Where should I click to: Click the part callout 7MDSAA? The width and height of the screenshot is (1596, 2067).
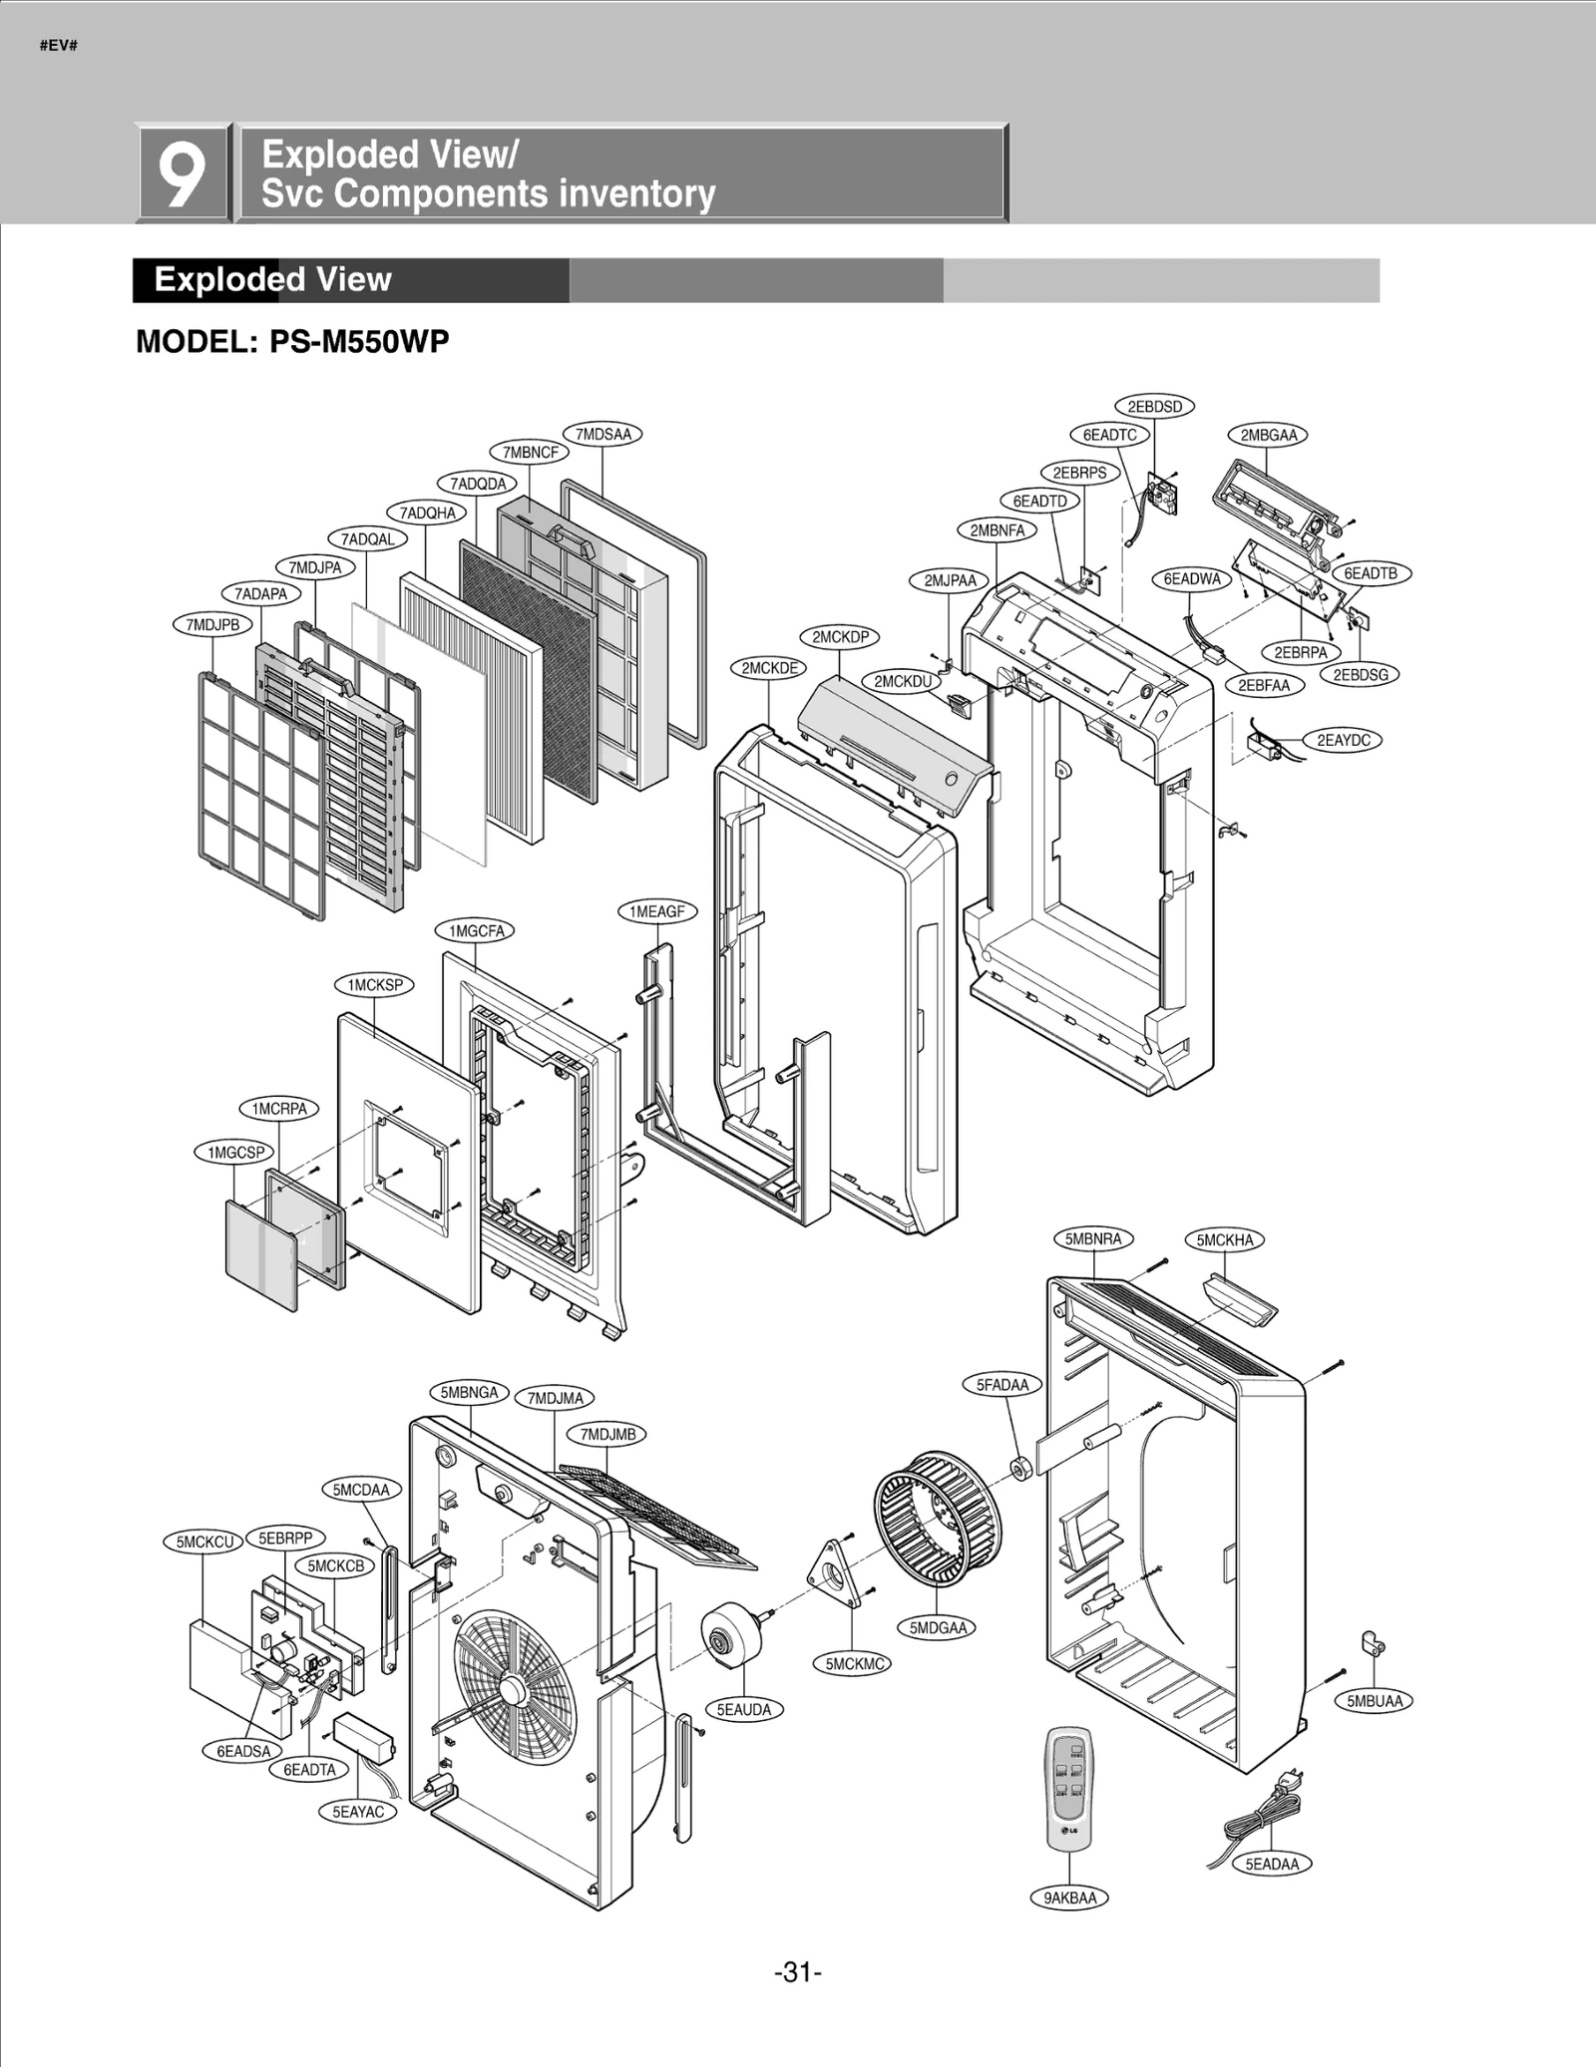[602, 434]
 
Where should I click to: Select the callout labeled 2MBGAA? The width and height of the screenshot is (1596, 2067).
[1268, 435]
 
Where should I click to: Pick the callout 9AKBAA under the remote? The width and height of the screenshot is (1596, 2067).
[1069, 1897]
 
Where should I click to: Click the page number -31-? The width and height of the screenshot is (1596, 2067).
[797, 1972]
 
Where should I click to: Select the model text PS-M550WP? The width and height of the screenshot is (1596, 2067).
[359, 342]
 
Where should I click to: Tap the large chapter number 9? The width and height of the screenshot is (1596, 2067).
[184, 173]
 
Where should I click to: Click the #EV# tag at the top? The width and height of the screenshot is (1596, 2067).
[59, 46]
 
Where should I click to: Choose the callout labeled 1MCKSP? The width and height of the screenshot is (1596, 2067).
[374, 985]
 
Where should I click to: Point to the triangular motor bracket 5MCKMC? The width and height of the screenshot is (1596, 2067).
[836, 1574]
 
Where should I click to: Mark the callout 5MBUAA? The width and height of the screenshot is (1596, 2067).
[1375, 1701]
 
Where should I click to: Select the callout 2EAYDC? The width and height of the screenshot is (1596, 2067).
[1343, 740]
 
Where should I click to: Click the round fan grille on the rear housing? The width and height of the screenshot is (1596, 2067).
[510, 1688]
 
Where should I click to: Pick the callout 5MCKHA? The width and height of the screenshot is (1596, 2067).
[1224, 1239]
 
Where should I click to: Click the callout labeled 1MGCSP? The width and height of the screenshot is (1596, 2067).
[234, 1153]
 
